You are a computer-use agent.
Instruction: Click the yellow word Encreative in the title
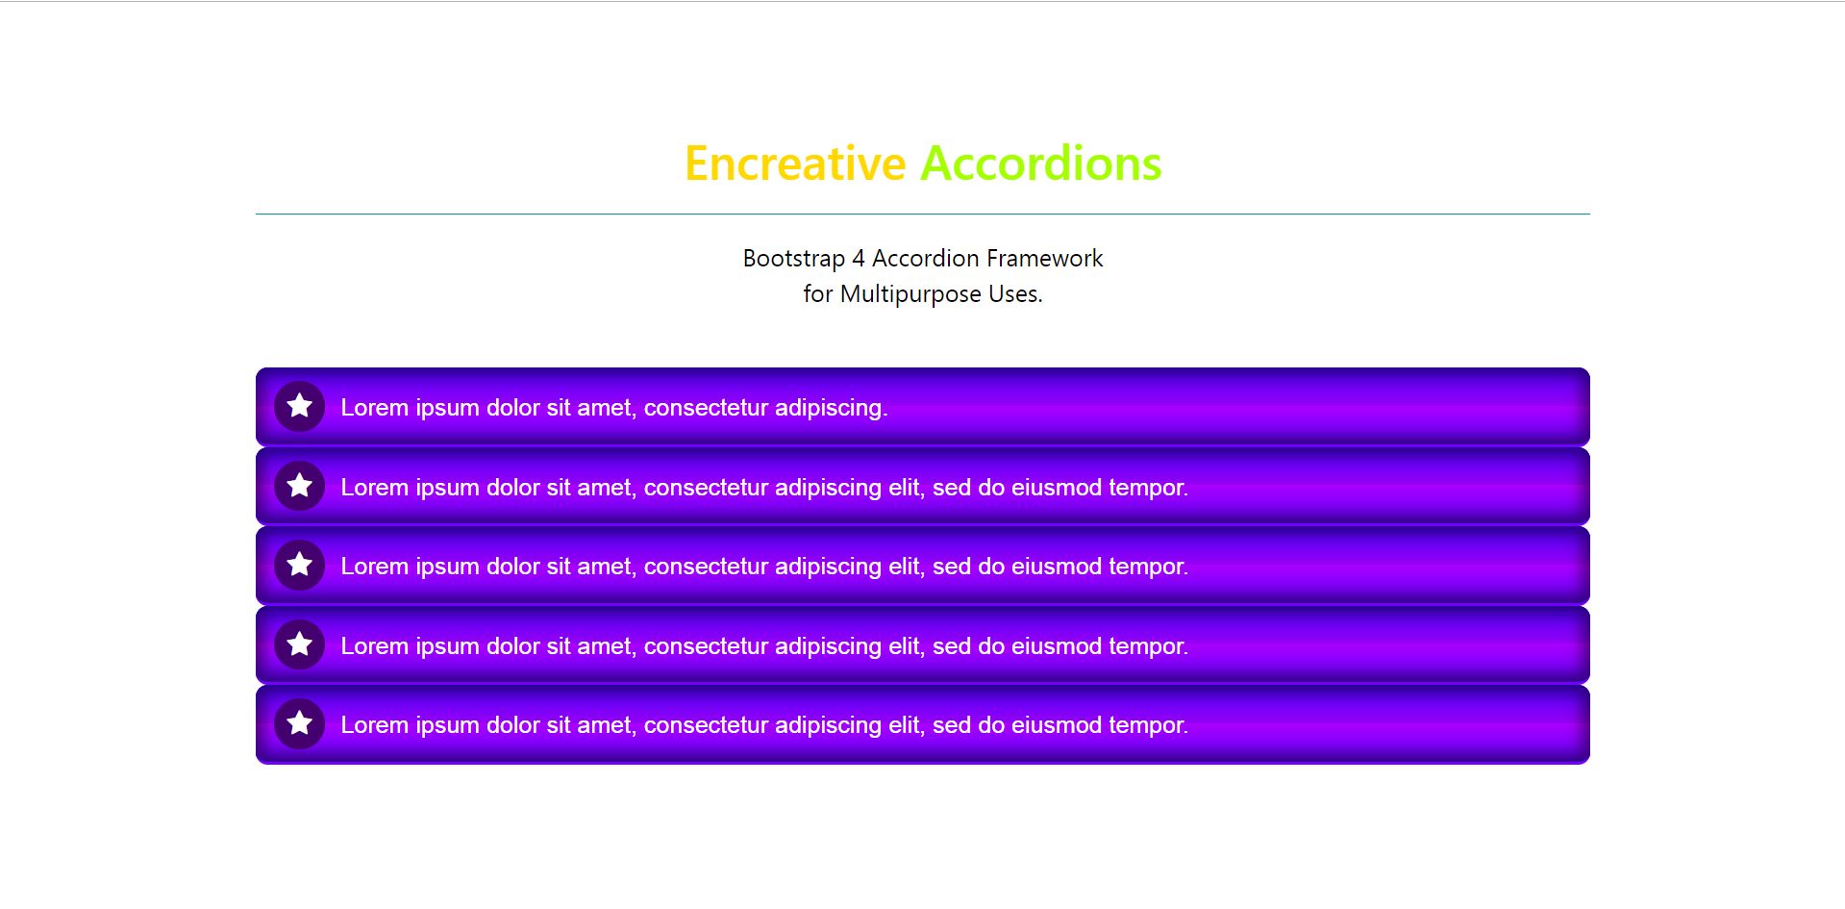tap(795, 164)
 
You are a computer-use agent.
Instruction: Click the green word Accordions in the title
tap(1041, 164)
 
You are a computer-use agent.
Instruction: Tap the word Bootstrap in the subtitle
tap(794, 260)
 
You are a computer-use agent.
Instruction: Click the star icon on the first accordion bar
tap(300, 406)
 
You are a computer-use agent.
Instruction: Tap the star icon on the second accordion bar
tap(300, 485)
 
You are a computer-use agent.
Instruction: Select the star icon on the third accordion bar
tap(300, 564)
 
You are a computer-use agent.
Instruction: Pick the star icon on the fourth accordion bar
tap(300, 644)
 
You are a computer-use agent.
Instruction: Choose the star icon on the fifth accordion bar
tap(300, 722)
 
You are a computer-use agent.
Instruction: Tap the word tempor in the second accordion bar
tap(1148, 488)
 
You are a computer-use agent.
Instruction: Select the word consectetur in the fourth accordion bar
tap(707, 646)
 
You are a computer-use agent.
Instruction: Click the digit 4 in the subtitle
tap(859, 259)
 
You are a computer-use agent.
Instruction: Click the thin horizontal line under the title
tap(923, 214)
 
